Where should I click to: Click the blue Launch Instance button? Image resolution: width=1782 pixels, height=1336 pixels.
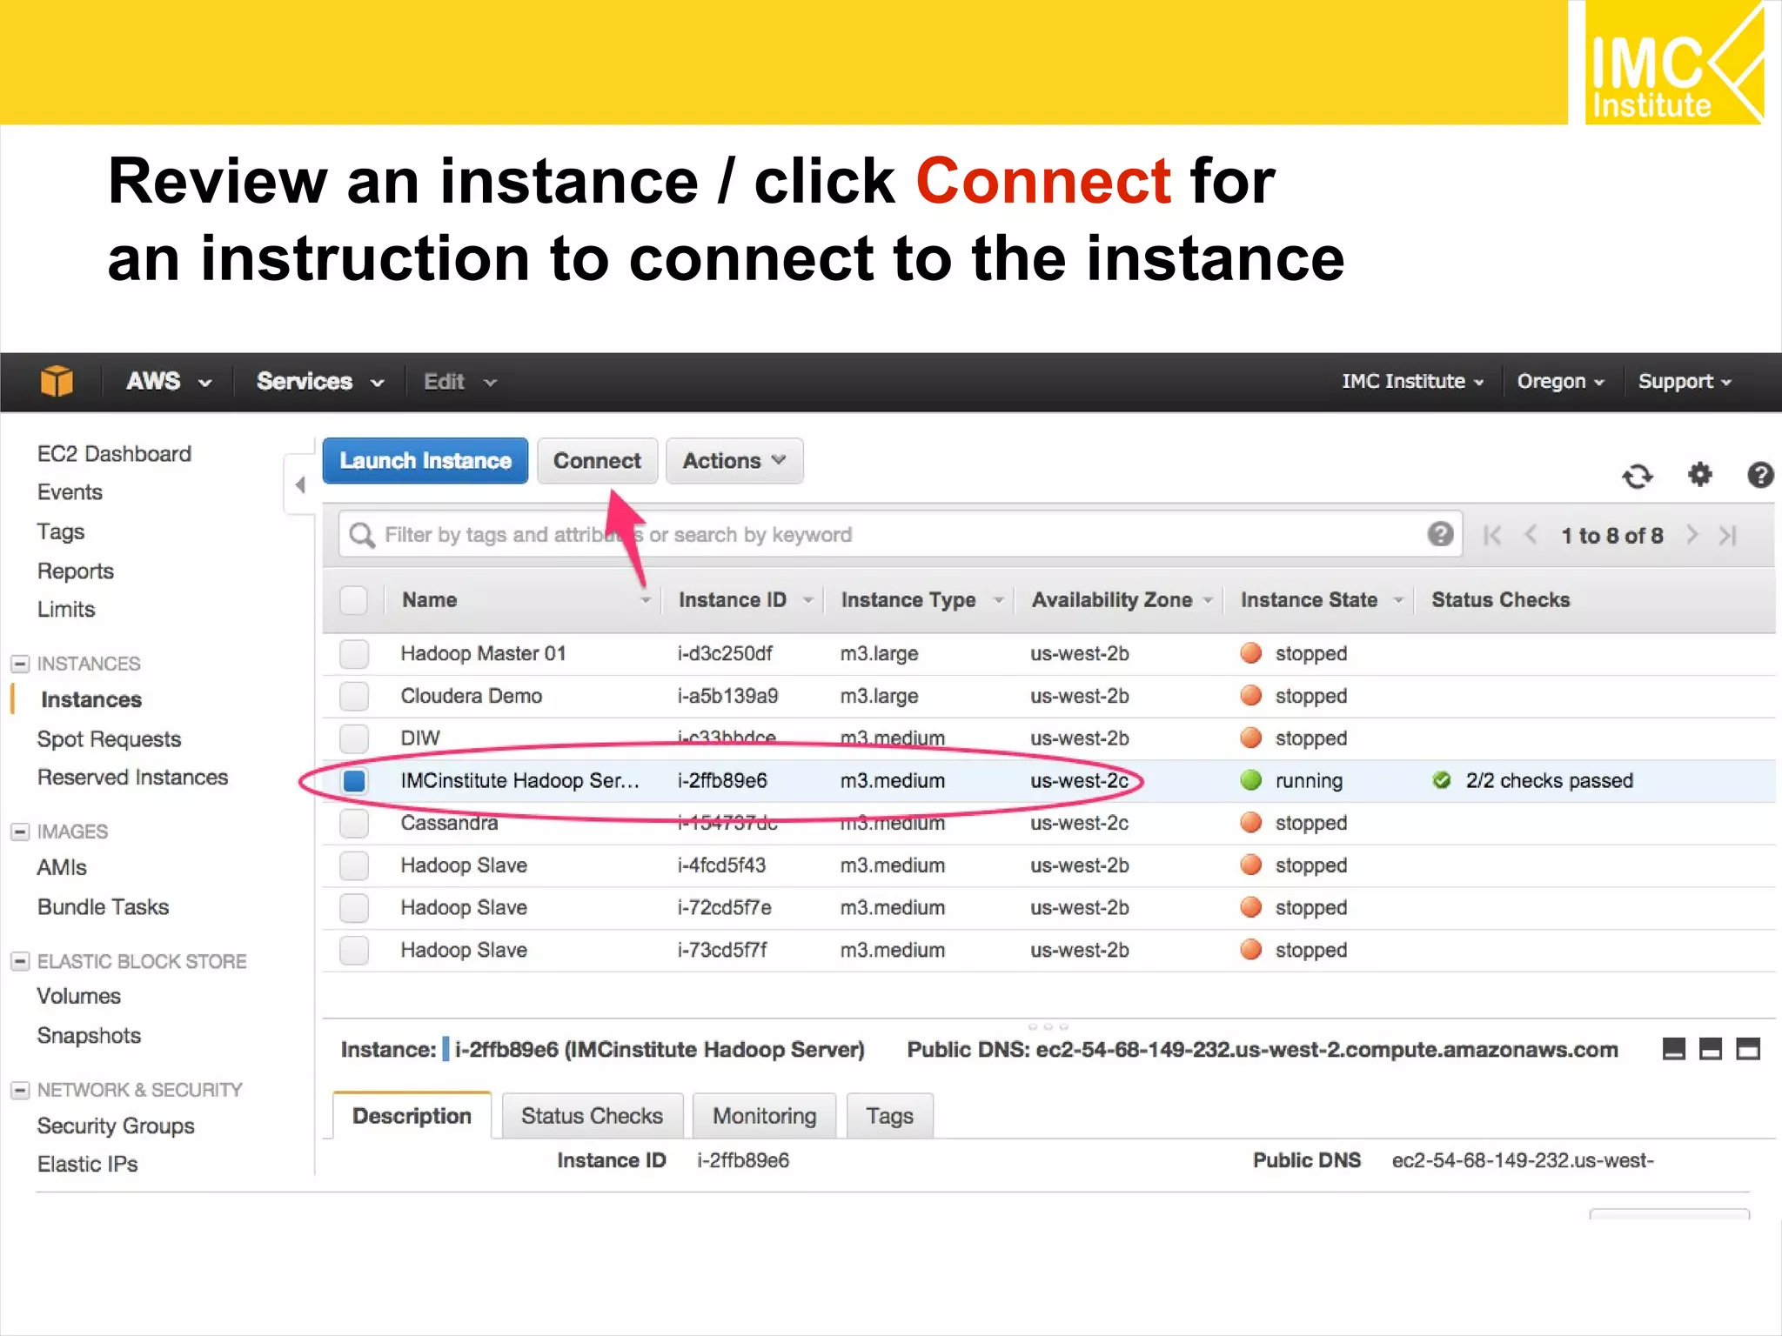point(425,460)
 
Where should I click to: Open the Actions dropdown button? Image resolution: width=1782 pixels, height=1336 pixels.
point(734,460)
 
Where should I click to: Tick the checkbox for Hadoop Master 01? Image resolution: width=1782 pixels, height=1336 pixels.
point(354,653)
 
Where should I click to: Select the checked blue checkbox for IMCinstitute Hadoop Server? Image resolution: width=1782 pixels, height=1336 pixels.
point(354,780)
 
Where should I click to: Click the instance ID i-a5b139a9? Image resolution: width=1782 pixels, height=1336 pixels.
point(727,696)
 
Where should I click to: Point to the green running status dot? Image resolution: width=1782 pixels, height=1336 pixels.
point(1250,780)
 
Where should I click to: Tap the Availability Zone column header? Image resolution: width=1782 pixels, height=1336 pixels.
point(1111,600)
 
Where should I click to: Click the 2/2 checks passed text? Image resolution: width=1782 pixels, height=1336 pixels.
point(1549,780)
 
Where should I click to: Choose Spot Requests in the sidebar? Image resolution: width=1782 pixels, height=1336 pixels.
point(109,739)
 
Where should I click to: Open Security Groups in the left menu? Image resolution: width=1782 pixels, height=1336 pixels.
point(116,1126)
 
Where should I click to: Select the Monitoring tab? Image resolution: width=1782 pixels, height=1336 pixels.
point(764,1116)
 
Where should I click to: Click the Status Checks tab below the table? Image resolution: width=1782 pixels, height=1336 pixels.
point(592,1116)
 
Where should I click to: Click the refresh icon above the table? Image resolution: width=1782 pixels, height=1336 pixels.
point(1637,476)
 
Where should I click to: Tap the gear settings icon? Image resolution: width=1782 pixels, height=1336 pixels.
point(1699,475)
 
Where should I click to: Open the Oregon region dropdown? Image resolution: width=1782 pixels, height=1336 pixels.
point(1559,382)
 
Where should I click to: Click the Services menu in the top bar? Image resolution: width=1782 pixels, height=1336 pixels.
point(319,382)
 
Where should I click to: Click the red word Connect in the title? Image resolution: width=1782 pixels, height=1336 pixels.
point(1043,182)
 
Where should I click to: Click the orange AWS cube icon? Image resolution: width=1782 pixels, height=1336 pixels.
point(57,381)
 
